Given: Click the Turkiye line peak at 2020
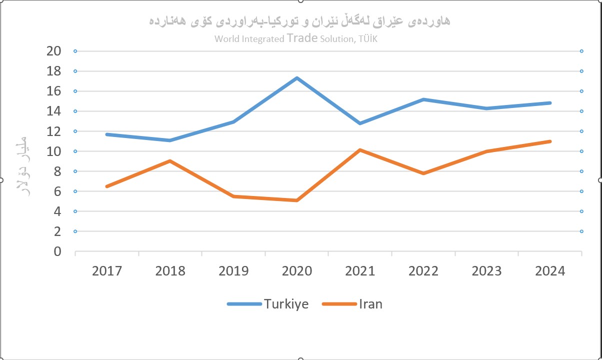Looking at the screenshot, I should tap(296, 78).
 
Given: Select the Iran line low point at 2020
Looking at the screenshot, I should tap(296, 200).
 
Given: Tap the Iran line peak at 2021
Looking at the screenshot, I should tap(360, 150).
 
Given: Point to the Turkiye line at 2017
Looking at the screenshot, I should tap(107, 134).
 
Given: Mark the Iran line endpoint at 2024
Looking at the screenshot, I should tap(549, 141).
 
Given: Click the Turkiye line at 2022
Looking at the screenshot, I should tap(423, 99).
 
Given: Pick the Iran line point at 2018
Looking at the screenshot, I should tap(170, 161).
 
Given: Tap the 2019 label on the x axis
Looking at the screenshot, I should tap(233, 271).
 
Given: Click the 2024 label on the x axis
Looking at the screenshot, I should tap(549, 271).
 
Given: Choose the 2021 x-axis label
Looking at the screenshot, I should tap(360, 271).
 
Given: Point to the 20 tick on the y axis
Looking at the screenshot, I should tap(54, 51).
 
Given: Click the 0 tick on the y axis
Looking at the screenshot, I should tap(57, 251).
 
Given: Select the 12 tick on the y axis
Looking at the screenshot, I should tap(54, 131).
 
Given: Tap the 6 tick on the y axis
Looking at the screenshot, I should tap(57, 191).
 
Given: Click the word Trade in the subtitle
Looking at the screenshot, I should tap(302, 38).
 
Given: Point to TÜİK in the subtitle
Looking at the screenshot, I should tap(366, 39).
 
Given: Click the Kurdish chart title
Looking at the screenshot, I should tap(299, 21).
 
